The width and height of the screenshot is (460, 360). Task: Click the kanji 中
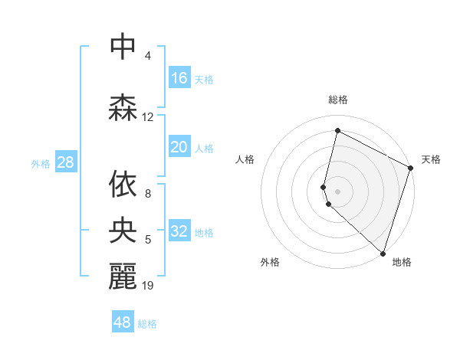[x=123, y=47]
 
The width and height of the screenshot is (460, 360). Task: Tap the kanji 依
[x=123, y=185]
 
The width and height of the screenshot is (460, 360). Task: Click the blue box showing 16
[x=179, y=78]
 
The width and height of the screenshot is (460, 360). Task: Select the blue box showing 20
[x=179, y=147]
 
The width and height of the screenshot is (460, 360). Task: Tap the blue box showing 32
[x=179, y=231]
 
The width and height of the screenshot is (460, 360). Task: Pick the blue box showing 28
[x=65, y=162]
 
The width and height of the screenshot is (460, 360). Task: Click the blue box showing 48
[x=123, y=322]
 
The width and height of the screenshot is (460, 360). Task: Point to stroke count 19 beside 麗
[x=148, y=286]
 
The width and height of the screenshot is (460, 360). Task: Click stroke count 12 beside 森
[x=148, y=117]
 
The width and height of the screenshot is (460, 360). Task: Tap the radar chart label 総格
[x=338, y=100]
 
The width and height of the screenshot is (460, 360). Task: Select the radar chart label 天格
[x=431, y=159]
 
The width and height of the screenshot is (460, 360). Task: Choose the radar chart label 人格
[x=245, y=159]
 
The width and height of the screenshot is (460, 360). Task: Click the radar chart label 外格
[x=270, y=262]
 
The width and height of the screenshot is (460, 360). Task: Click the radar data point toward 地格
[x=383, y=253]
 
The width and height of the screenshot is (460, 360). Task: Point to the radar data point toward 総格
[x=337, y=130]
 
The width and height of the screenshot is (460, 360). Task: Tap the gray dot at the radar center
[x=338, y=191]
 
